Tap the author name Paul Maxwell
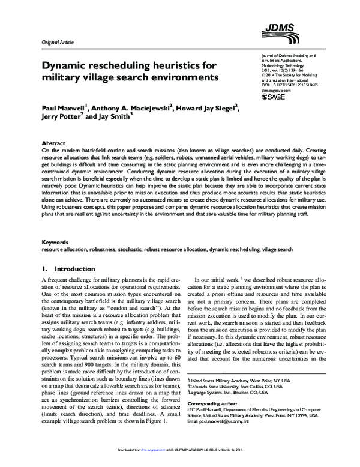(x=63, y=109)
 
